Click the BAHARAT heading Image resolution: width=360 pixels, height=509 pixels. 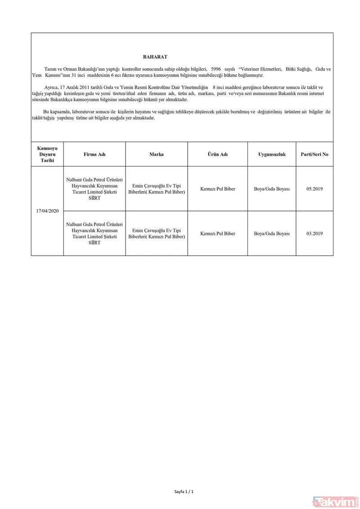(x=155, y=57)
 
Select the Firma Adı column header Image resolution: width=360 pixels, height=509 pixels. (x=94, y=154)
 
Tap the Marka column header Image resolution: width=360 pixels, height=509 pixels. (x=157, y=154)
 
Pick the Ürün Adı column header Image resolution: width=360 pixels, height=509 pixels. (x=217, y=154)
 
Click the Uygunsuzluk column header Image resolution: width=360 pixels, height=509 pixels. (x=272, y=154)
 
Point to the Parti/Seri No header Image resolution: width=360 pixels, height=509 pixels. (x=315, y=154)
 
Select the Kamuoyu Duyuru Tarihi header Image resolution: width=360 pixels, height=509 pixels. (x=47, y=154)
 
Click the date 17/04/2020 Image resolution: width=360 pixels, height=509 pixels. (x=47, y=211)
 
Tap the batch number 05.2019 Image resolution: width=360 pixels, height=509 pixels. (x=315, y=189)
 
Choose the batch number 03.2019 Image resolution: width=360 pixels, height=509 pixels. (x=315, y=234)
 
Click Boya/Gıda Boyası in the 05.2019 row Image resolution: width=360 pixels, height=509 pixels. (x=272, y=189)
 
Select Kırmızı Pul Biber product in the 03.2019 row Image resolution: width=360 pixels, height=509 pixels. (x=217, y=234)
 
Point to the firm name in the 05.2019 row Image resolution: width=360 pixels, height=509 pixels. (x=94, y=189)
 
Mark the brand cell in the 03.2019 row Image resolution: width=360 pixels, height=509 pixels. (x=157, y=234)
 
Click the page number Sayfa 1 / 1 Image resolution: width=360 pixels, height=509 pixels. (x=184, y=491)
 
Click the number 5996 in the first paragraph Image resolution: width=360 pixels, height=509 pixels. (x=216, y=69)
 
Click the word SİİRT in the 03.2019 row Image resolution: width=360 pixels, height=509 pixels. (x=94, y=243)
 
